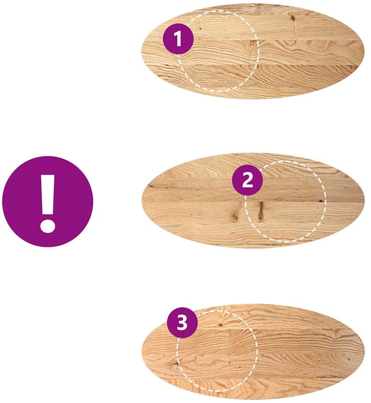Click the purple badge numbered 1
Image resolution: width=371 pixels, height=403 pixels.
coord(178,39)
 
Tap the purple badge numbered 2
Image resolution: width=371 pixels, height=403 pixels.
coord(247,180)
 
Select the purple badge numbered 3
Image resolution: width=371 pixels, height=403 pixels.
coord(182,322)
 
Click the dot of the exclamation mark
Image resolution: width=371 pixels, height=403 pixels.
coord(47,226)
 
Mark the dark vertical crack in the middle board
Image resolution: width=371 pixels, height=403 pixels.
coord(262,211)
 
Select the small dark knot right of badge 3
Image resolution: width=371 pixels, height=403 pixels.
coord(220,325)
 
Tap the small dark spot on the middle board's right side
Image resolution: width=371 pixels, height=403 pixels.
coord(320,201)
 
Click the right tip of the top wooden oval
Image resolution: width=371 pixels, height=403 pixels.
coord(364,51)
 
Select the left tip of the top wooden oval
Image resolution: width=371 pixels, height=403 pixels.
coord(141,51)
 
